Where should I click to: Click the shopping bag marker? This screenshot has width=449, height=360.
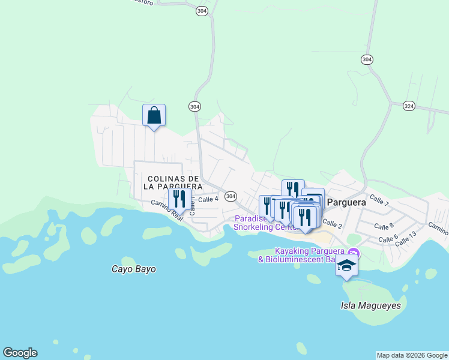pyautogui.click(x=154, y=115)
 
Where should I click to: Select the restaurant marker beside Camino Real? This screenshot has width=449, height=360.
pyautogui.click(x=179, y=199)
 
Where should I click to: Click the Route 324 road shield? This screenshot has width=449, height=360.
pyautogui.click(x=409, y=105)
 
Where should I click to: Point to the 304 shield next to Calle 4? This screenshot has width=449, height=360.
pyautogui.click(x=231, y=196)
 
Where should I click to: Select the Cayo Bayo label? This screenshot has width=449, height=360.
pyautogui.click(x=134, y=269)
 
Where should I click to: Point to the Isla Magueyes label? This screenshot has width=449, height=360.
pyautogui.click(x=370, y=305)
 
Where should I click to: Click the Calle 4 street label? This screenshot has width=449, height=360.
pyautogui.click(x=208, y=199)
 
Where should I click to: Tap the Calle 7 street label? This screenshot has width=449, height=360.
pyautogui.click(x=379, y=200)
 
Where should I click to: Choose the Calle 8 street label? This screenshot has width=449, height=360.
pyautogui.click(x=384, y=226)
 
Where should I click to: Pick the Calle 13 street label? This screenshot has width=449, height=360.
pyautogui.click(x=406, y=237)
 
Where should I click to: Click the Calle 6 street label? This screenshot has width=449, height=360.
pyautogui.click(x=388, y=238)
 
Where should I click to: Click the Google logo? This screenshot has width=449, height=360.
pyautogui.click(x=20, y=353)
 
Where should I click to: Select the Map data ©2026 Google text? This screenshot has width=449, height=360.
pyautogui.click(x=412, y=355)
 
